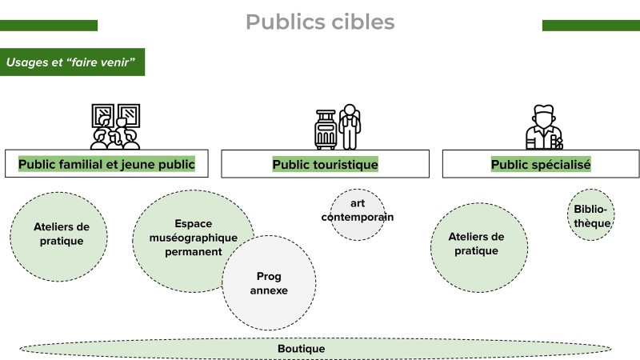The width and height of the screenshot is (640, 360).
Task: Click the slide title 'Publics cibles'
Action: tap(320, 22)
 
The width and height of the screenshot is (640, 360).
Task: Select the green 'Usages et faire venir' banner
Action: tap(73, 61)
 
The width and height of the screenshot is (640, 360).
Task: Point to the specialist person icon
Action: tap(543, 127)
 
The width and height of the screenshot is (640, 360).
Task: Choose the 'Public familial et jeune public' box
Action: tap(106, 164)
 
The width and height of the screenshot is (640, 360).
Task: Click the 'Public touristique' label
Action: tap(325, 164)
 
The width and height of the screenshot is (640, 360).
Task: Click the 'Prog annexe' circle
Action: tap(268, 283)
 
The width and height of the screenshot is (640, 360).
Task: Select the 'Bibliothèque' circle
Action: tap(592, 215)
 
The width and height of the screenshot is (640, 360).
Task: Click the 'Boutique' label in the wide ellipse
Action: tap(301, 349)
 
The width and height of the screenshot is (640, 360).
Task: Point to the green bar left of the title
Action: tap(49, 25)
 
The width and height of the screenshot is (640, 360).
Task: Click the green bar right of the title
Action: tap(590, 25)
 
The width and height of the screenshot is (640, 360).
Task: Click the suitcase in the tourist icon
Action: tap(326, 131)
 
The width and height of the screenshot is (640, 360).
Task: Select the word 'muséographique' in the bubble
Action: tap(194, 238)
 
